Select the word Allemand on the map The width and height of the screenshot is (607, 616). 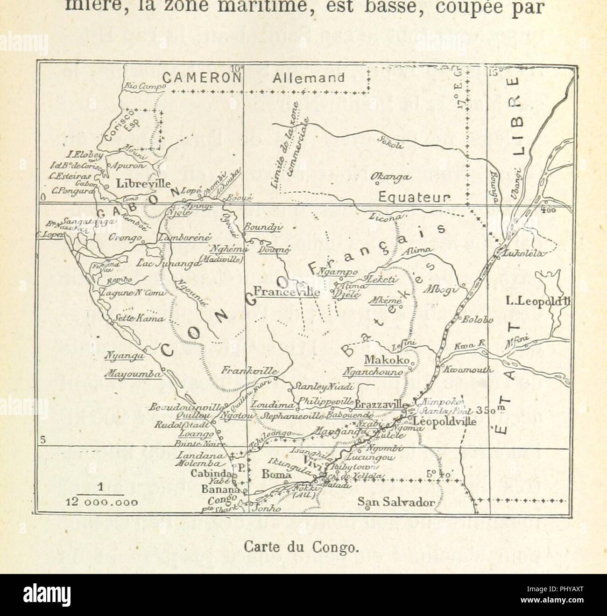pyautogui.click(x=309, y=78)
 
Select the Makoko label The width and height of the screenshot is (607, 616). pyautogui.click(x=386, y=360)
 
